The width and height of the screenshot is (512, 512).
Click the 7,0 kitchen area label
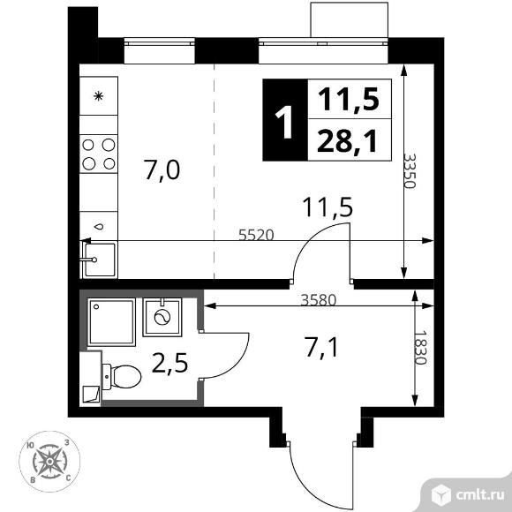coord(162,170)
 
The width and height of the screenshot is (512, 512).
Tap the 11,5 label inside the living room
coord(328,207)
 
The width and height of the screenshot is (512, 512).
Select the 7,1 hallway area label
coord(321,348)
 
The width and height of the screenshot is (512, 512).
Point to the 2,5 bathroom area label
coord(169,363)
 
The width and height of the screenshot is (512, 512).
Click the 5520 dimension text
coord(256,235)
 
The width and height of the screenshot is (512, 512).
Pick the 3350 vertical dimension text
coord(410,170)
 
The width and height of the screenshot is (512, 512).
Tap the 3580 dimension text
coord(319,300)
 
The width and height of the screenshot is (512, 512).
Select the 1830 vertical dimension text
coord(420,348)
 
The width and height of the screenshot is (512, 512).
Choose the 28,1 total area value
coord(348,141)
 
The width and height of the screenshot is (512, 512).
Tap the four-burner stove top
coord(99,154)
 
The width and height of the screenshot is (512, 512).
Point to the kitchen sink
coord(99,260)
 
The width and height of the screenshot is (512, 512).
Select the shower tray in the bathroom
coord(111,321)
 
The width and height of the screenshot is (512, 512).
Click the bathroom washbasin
coord(162,317)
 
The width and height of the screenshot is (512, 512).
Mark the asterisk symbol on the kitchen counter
coord(98,96)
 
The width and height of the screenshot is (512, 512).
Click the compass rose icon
coord(49,462)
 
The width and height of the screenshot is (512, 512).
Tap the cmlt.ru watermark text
coord(479,495)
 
